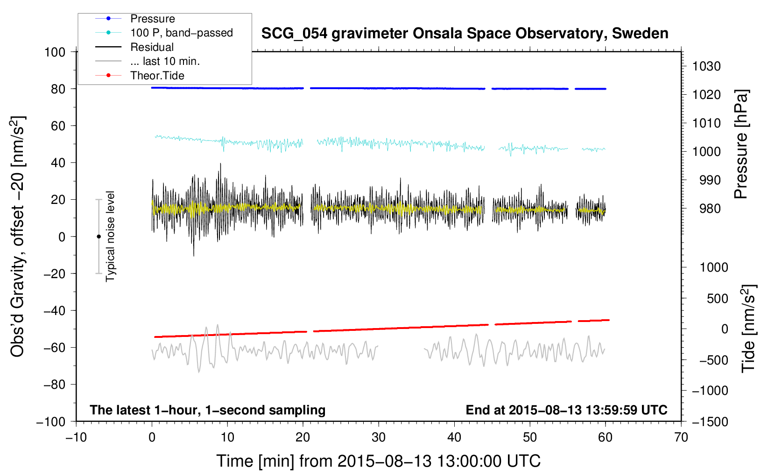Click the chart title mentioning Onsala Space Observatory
pos(465,34)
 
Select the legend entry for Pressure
pos(152,19)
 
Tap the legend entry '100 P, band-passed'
pos(181,33)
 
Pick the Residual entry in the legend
pos(152,47)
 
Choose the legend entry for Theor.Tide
pos(157,76)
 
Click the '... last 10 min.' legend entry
pos(165,61)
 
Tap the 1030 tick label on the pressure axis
pos(706,66)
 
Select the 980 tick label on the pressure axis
pos(710,209)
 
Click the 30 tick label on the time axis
pos(379,437)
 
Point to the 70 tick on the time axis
pos(681,437)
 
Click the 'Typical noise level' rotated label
pos(110,236)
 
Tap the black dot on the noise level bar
pos(99,237)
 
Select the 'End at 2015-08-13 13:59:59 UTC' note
pos(566,410)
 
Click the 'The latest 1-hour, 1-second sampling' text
pos(207,410)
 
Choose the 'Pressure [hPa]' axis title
pos(741,145)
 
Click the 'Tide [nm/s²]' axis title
pos(748,328)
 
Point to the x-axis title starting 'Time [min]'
pos(378,461)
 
